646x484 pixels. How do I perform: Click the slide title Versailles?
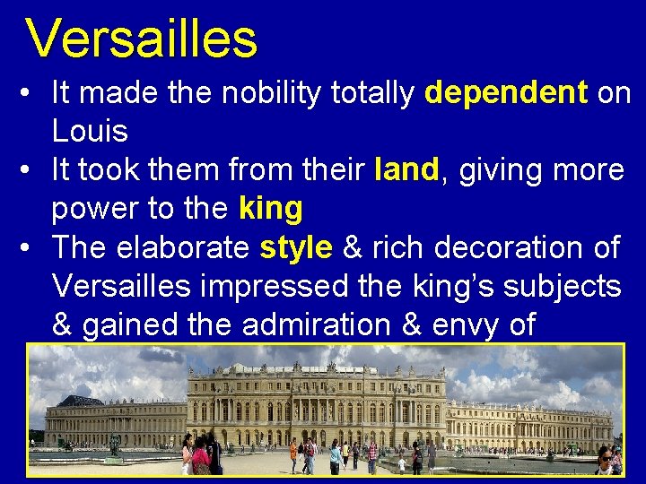coord(141,39)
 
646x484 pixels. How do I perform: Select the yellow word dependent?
coord(506,93)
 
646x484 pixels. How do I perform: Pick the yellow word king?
coord(271,209)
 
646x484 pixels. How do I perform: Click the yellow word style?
coord(295,247)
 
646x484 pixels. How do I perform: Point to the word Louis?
coord(90,132)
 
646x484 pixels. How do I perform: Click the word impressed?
coord(301,286)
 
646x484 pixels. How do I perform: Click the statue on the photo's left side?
coord(114,445)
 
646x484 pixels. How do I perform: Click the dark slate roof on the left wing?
coord(80,401)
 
